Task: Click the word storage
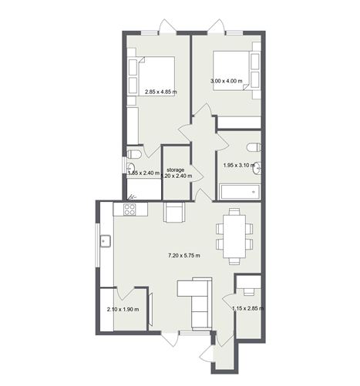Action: point(175,169)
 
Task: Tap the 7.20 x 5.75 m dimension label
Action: point(184,255)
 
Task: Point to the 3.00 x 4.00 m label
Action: point(227,81)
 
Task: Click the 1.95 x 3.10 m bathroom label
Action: point(238,165)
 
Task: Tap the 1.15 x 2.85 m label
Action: point(248,310)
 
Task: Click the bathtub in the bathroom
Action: point(239,191)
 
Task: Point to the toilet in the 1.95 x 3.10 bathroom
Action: point(252,146)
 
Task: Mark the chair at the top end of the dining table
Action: point(233,213)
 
